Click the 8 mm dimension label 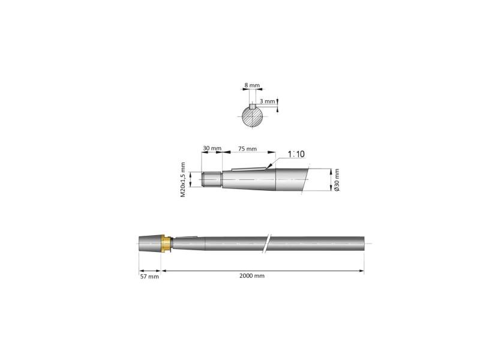click(x=251, y=85)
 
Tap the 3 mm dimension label click(x=268, y=101)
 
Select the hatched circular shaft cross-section click(x=253, y=116)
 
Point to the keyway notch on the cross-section click(x=253, y=106)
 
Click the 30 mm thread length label click(x=212, y=148)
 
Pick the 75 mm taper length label click(x=247, y=149)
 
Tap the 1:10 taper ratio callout click(x=296, y=154)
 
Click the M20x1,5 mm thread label click(x=183, y=179)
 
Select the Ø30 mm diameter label click(x=337, y=179)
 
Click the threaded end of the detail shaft click(x=212, y=179)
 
